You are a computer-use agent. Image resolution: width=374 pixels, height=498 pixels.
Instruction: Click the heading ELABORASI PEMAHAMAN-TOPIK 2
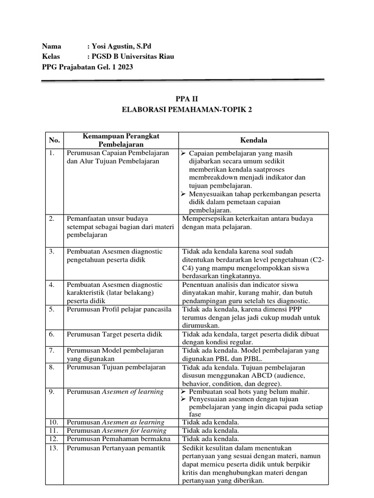click(187, 110)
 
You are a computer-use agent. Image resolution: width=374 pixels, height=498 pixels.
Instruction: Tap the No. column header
click(55, 140)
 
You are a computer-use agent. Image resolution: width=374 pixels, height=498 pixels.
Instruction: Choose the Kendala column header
click(253, 140)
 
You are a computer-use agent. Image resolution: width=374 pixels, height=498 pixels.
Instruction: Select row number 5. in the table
click(53, 308)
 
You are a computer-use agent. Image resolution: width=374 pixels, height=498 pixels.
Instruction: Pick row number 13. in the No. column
click(54, 448)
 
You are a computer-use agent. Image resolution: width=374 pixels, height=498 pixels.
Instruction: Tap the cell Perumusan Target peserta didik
click(114, 334)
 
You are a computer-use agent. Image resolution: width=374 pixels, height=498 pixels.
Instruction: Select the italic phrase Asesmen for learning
click(133, 430)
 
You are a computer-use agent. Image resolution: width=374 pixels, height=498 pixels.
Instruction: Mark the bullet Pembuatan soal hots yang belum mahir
click(249, 391)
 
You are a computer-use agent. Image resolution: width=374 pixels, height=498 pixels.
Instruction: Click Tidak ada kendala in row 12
click(210, 439)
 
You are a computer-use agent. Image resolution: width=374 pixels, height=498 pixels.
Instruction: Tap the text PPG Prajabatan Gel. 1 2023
click(87, 67)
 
